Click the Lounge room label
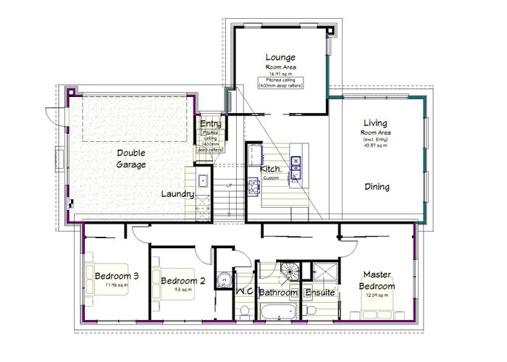(280, 57)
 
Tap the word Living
(375, 125)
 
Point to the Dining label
(377, 187)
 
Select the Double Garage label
(132, 159)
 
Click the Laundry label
(177, 194)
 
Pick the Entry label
(211, 124)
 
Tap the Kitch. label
(271, 169)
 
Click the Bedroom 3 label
(117, 276)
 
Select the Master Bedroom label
(377, 280)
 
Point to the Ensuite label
(319, 293)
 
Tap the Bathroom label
(279, 293)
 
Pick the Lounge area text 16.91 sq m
(280, 73)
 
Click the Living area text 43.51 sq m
(375, 146)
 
